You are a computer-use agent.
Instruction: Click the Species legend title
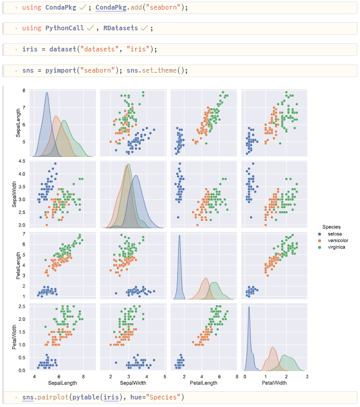tap(331, 227)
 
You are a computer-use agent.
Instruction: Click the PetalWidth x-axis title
tap(274, 383)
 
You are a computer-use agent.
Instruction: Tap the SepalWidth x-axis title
tap(133, 383)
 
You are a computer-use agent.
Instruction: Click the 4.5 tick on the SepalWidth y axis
tap(22, 161)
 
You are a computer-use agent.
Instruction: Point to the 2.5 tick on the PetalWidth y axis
tap(22, 306)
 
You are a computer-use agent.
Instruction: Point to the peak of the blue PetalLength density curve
tap(179, 235)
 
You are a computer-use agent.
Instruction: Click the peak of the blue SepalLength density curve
tap(47, 93)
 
